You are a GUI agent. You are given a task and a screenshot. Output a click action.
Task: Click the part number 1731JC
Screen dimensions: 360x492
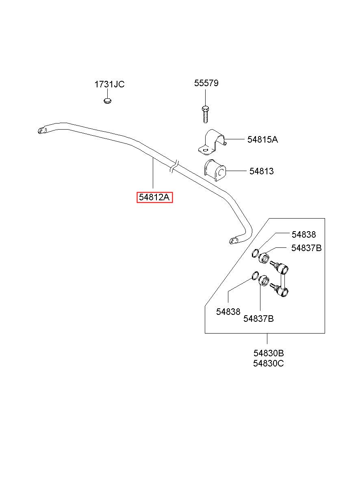pyautogui.click(x=109, y=85)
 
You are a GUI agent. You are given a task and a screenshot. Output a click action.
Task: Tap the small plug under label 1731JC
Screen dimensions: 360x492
pyautogui.click(x=107, y=101)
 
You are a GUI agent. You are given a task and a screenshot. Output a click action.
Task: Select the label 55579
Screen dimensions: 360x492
pyautogui.click(x=206, y=83)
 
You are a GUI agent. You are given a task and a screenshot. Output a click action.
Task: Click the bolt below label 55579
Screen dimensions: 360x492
pyautogui.click(x=205, y=114)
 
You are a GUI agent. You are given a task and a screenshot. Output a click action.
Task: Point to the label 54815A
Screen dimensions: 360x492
pyautogui.click(x=262, y=139)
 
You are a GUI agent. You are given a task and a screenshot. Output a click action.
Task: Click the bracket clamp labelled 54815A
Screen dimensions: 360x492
pyautogui.click(x=212, y=143)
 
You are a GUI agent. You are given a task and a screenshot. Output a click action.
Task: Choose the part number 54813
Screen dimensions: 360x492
pyautogui.click(x=261, y=171)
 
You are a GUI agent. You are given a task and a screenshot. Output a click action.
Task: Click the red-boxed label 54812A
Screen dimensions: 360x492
pyautogui.click(x=155, y=197)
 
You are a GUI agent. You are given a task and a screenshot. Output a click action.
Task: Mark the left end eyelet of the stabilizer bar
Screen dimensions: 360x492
pyautogui.click(x=42, y=130)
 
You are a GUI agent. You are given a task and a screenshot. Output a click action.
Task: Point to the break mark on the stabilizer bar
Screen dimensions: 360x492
pyautogui.click(x=175, y=167)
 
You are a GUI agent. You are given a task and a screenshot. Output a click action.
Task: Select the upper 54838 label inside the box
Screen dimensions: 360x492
pyautogui.click(x=304, y=234)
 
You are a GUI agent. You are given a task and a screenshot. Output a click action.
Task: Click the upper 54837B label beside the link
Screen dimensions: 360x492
pyautogui.click(x=306, y=248)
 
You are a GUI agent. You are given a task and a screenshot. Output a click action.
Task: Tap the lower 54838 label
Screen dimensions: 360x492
pyautogui.click(x=228, y=312)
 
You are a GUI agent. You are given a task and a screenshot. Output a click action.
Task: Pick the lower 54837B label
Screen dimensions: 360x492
pyautogui.click(x=258, y=319)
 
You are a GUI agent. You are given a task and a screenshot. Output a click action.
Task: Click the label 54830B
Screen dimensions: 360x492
pyautogui.click(x=269, y=353)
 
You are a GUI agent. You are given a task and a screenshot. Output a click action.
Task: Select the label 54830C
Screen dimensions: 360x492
pyautogui.click(x=269, y=364)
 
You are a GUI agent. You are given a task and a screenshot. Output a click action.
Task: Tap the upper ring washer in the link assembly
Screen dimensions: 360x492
pyautogui.click(x=255, y=253)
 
